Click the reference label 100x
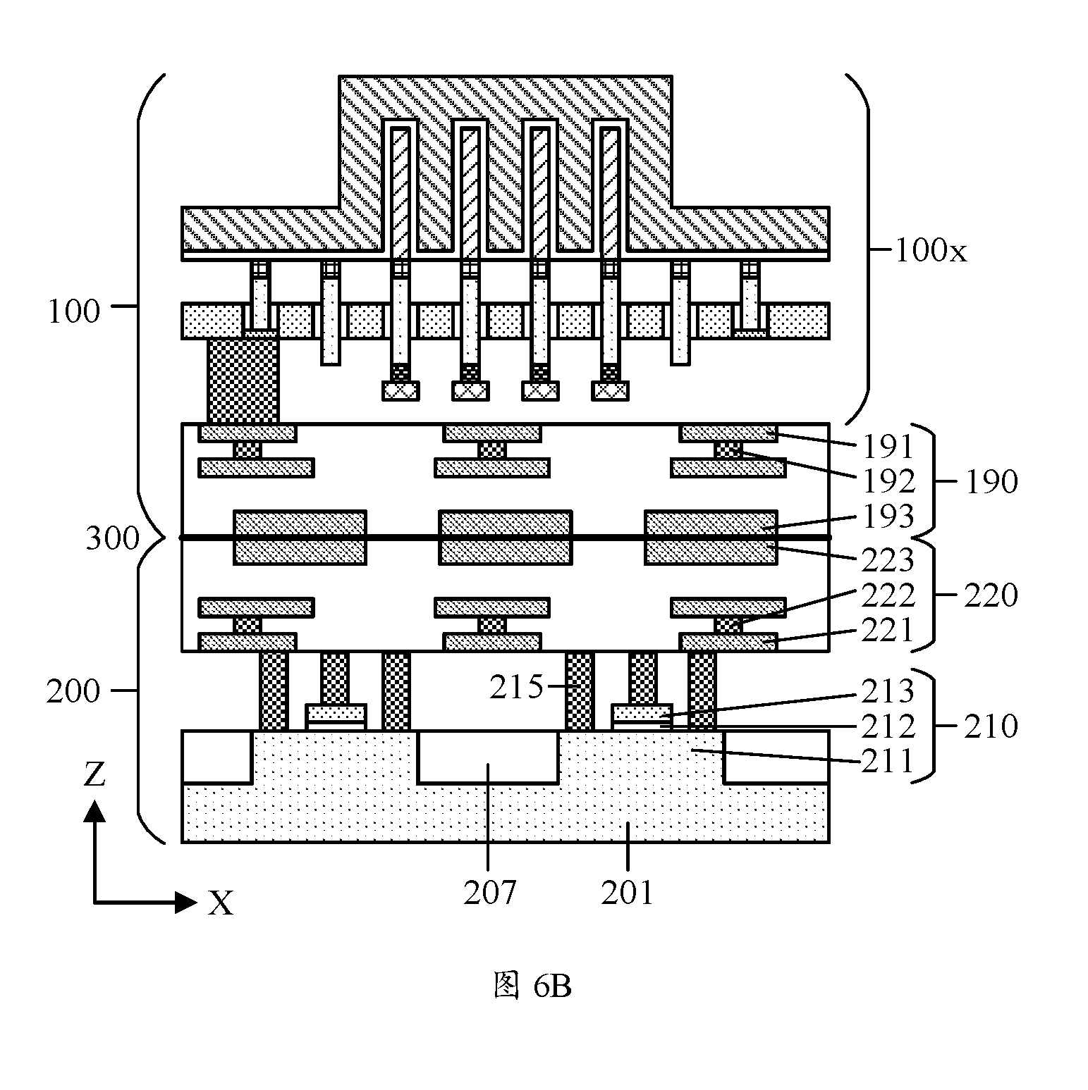931,250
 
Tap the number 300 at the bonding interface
113,539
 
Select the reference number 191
888,447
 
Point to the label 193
888,516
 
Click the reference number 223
888,561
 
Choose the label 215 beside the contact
517,687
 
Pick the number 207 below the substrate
490,893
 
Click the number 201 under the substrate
628,893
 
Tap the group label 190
991,482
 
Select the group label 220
991,596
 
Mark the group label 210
991,726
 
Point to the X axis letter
221,903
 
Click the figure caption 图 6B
532,986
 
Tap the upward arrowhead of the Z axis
94,811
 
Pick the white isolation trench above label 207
488,757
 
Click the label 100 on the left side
73,311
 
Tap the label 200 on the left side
73,691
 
